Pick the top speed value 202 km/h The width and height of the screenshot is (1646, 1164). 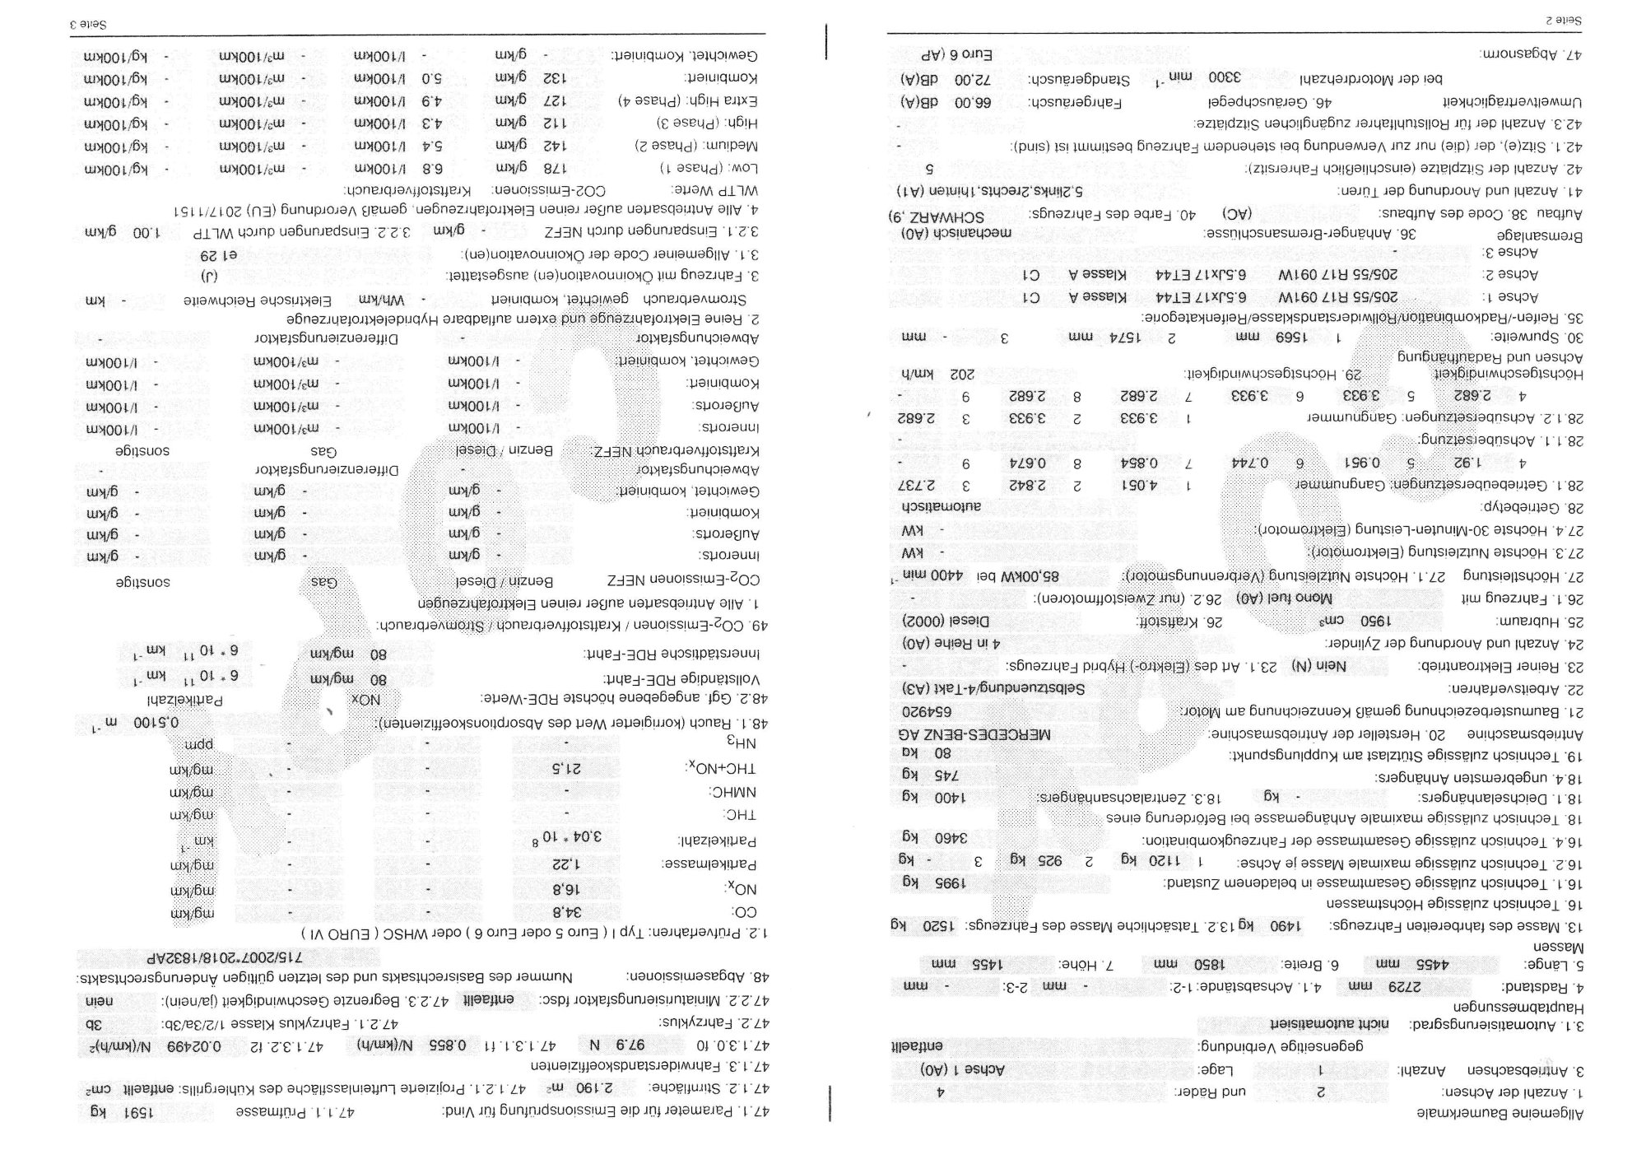click(x=932, y=374)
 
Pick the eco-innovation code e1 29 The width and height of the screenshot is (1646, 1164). click(x=218, y=255)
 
